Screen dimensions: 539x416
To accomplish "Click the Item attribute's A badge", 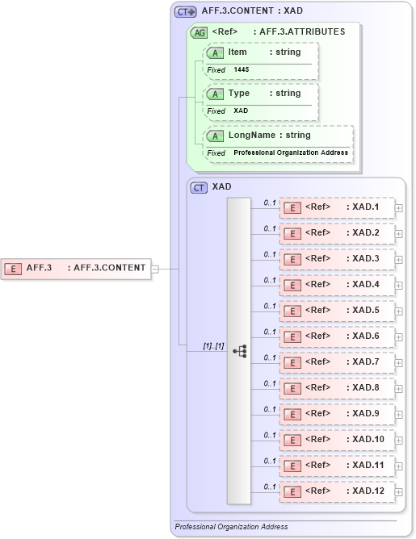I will (x=216, y=52).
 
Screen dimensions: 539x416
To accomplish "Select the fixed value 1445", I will (x=242, y=70).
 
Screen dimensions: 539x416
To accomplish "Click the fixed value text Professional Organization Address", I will (x=291, y=153).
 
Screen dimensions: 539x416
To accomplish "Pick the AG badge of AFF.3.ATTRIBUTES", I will (x=198, y=32).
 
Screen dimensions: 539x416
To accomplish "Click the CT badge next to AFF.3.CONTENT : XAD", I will (x=186, y=12).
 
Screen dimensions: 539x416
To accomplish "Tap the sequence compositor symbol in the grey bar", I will (x=240, y=351).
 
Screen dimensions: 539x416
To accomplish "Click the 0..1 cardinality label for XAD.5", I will (x=270, y=305).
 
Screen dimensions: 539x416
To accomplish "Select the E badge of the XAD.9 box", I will (x=292, y=414).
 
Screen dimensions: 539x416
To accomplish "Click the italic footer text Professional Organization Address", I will (x=231, y=527).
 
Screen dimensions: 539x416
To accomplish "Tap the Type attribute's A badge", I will (x=216, y=94).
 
